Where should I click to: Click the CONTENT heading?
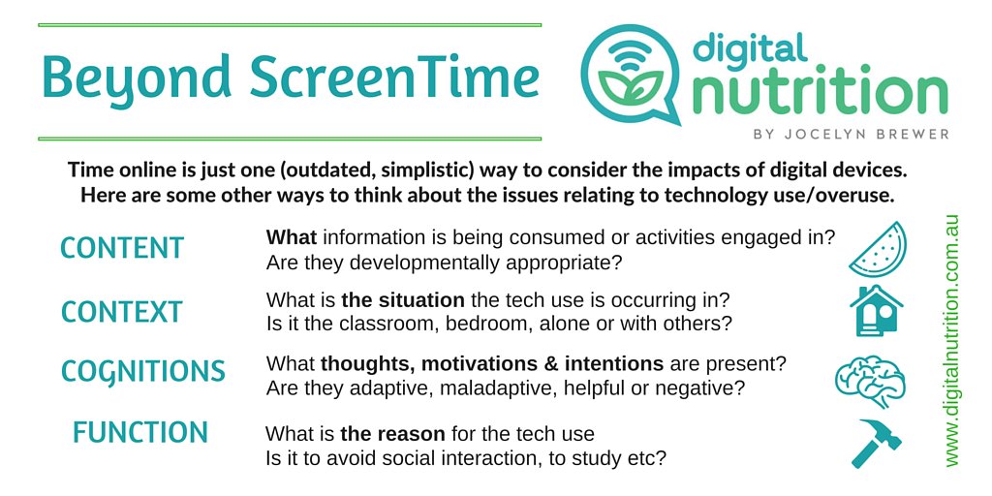click(x=122, y=248)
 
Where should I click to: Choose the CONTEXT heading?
click(x=122, y=312)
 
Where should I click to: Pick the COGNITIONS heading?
click(x=143, y=371)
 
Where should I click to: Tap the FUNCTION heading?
click(x=140, y=433)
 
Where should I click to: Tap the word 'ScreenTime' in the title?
click(x=394, y=77)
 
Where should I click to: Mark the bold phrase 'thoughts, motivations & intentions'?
click(x=492, y=364)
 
